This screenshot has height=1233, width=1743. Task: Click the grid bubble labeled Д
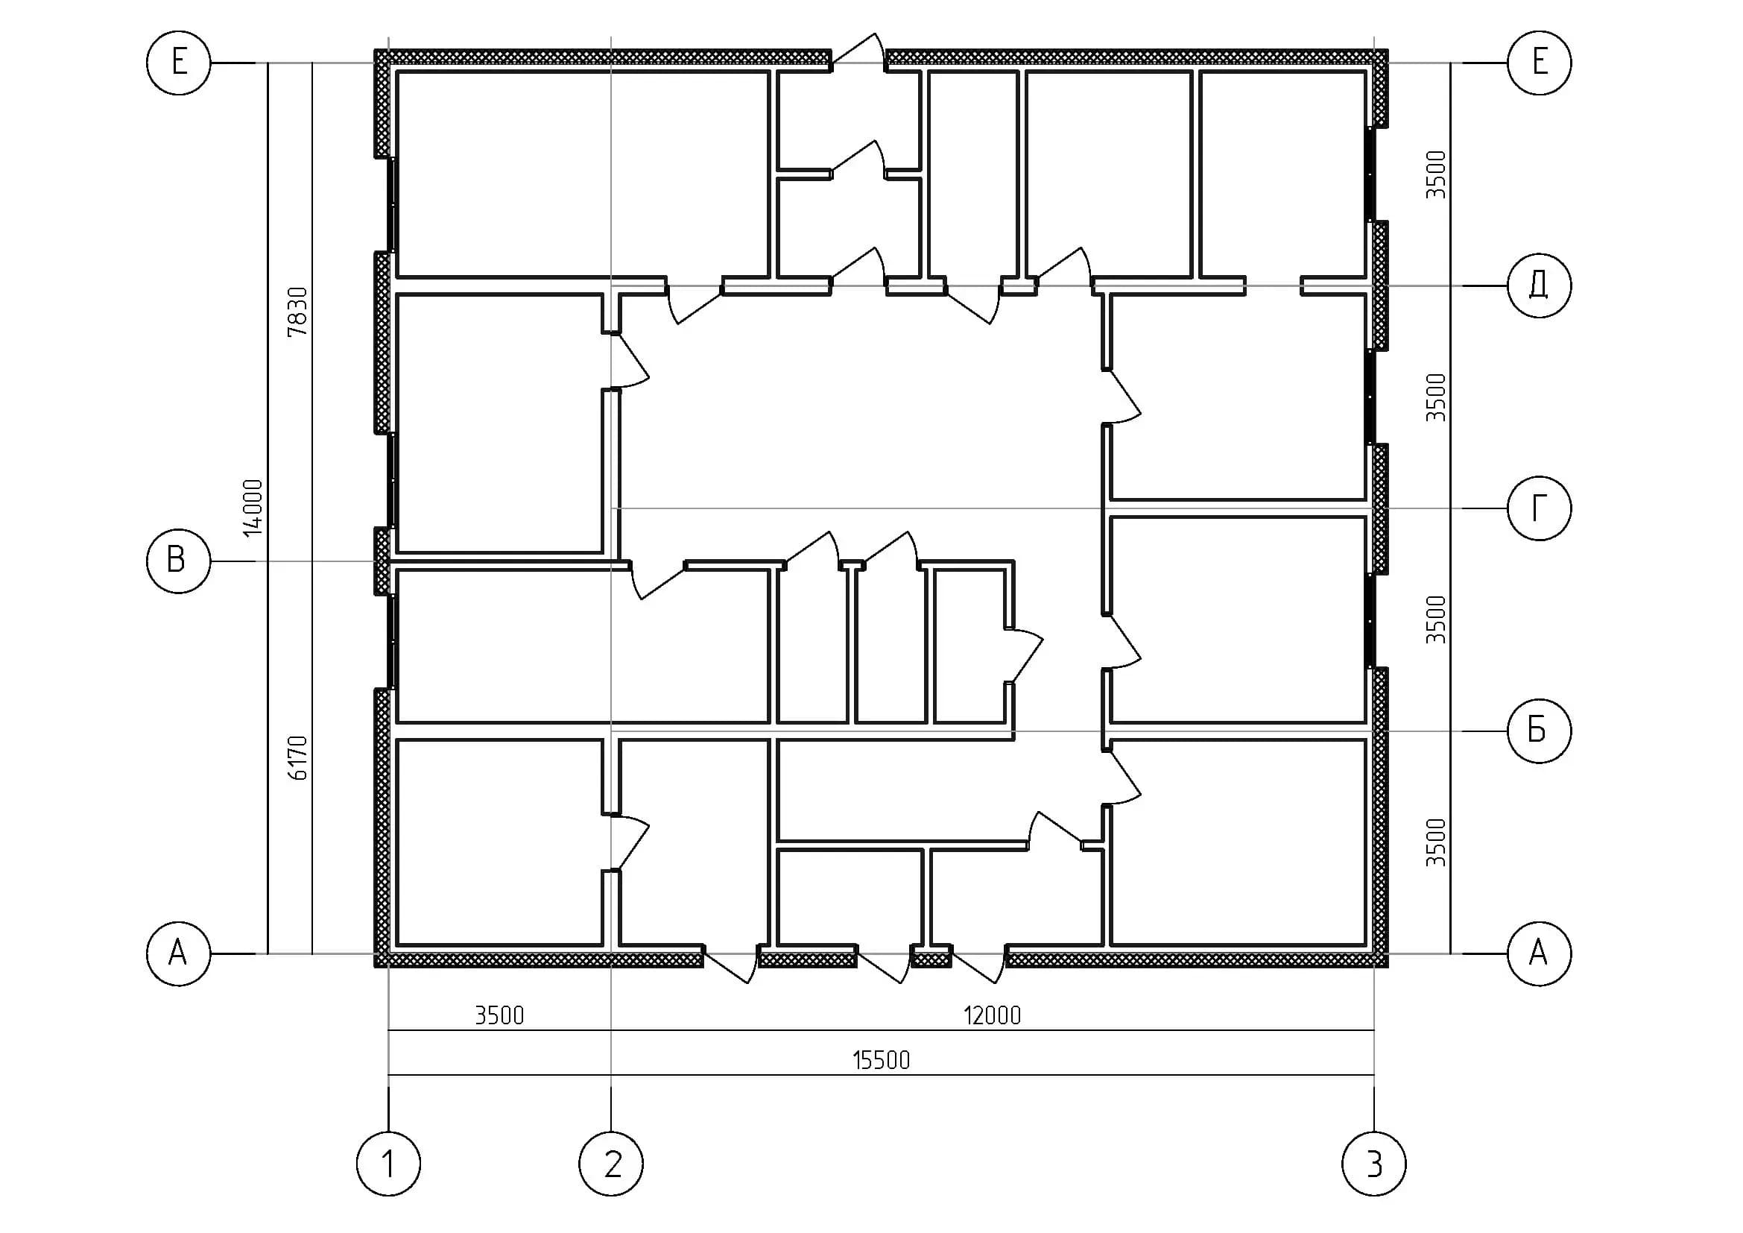point(1539,286)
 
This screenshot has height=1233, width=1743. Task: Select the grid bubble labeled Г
point(1539,508)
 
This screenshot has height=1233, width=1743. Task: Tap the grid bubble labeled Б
point(1539,731)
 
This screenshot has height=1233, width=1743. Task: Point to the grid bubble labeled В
point(177,561)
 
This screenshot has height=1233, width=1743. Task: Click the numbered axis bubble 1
point(389,1164)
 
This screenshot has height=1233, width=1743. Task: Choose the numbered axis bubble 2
point(611,1164)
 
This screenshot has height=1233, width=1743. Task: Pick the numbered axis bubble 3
point(1374,1164)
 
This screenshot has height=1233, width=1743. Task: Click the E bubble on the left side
point(177,63)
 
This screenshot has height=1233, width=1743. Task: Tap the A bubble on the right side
point(1539,953)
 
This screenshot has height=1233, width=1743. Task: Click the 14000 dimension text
point(253,508)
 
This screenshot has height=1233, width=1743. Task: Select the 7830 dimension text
point(297,312)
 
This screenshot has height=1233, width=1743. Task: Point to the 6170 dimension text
point(297,757)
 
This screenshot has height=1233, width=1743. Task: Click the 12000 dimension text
point(992,1015)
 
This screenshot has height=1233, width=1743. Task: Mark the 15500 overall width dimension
point(881,1060)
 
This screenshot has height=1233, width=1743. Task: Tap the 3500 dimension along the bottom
point(499,1015)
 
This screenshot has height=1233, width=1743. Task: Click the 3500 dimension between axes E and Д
point(1436,174)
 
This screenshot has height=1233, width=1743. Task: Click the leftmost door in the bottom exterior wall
point(730,963)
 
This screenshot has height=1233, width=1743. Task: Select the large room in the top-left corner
point(583,174)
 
